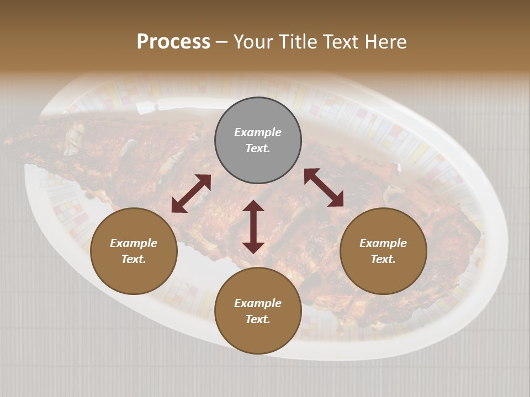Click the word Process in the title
[x=173, y=42]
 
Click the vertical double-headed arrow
[x=253, y=227]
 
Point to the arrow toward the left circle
[x=191, y=194]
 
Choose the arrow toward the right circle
[x=324, y=187]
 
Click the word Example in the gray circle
[x=258, y=132]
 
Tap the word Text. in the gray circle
[x=258, y=148]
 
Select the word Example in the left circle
[x=134, y=243]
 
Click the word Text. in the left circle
[x=134, y=259]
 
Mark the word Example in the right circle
[x=383, y=243]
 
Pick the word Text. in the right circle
[x=383, y=259]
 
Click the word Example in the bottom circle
[x=258, y=303]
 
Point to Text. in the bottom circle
[x=258, y=319]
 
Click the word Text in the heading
[x=342, y=42]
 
